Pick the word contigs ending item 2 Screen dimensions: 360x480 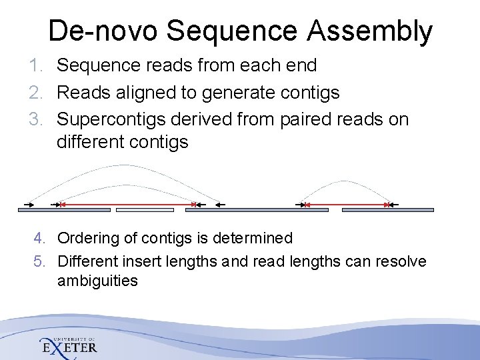click(311, 93)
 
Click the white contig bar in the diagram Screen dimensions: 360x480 click(145, 210)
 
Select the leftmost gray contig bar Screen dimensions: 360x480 click(63, 210)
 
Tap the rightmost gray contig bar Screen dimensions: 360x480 click(387, 210)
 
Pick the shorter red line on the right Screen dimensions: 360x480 click(347, 204)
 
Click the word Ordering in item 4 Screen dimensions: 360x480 click(85, 238)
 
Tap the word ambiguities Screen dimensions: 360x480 click(97, 281)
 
